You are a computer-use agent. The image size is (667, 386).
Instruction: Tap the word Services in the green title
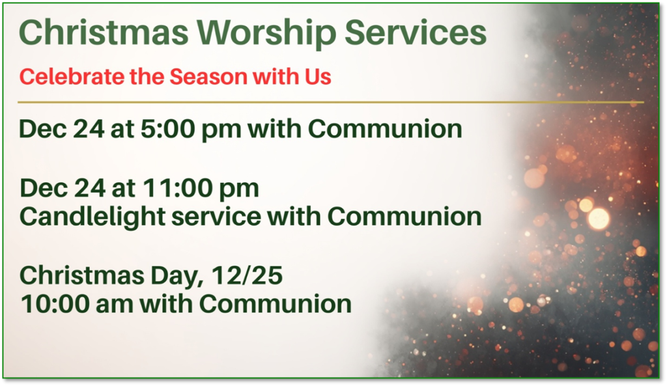pyautogui.click(x=415, y=33)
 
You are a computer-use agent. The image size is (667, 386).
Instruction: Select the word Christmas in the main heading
pyautogui.click(x=104, y=33)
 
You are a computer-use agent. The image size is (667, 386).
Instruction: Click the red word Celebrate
pyautogui.click(x=72, y=77)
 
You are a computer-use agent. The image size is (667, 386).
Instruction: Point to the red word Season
pyautogui.click(x=208, y=77)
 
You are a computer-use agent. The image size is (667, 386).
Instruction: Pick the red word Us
pyautogui.click(x=317, y=77)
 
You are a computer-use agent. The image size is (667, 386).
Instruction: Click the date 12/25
pyautogui.click(x=247, y=275)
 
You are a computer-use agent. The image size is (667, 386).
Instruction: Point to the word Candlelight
pyautogui.click(x=92, y=217)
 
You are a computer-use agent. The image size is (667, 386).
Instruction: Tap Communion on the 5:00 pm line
pyautogui.click(x=385, y=129)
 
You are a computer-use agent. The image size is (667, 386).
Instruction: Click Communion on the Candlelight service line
pyautogui.click(x=404, y=217)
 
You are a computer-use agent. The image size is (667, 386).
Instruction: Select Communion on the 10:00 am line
pyautogui.click(x=276, y=305)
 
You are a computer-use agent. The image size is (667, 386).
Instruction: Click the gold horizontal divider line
pyautogui.click(x=330, y=102)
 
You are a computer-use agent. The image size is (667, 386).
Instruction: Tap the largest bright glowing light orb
pyautogui.click(x=598, y=219)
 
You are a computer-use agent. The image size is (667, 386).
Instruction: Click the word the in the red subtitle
pyautogui.click(x=147, y=77)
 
